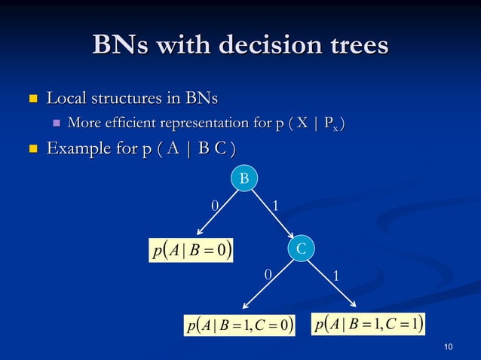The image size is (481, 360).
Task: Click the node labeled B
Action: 244,178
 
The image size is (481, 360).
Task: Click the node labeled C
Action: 300,248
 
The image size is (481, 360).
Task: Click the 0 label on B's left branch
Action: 214,206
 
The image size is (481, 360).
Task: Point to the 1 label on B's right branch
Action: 275,206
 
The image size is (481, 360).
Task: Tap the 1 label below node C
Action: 337,276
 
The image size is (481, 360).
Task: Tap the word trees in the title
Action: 354,45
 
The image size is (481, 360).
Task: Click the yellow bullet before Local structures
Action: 32,99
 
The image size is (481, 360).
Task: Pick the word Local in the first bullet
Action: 66,98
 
